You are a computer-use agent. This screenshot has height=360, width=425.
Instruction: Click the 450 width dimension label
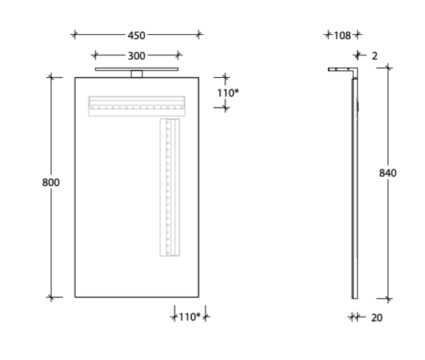[x=136, y=35]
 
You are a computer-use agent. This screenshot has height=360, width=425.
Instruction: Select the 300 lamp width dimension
[x=136, y=55]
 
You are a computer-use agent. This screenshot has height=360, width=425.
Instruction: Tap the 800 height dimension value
[x=50, y=183]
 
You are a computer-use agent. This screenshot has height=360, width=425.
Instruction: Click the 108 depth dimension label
[x=342, y=35]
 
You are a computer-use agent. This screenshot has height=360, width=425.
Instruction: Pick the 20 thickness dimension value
[x=376, y=317]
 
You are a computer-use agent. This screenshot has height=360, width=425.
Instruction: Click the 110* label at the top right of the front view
[x=227, y=93]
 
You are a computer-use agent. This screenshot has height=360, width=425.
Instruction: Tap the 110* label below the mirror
[x=189, y=317]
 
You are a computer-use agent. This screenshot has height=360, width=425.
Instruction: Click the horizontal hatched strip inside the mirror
[x=137, y=106]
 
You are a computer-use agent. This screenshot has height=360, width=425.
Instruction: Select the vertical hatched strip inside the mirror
[x=170, y=187]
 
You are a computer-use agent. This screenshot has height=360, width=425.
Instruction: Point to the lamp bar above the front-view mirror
[x=137, y=70]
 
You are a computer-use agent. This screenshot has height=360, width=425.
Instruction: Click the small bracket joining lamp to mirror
[x=136, y=73]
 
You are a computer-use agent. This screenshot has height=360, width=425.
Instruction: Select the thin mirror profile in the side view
[x=354, y=189]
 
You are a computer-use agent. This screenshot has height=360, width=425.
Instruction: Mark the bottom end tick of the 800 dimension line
[x=51, y=297]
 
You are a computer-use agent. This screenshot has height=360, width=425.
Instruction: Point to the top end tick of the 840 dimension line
[x=388, y=68]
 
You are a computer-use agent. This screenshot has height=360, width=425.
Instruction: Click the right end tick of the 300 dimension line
[x=179, y=55]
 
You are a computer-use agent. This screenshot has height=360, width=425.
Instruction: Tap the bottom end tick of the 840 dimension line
[x=388, y=298]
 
